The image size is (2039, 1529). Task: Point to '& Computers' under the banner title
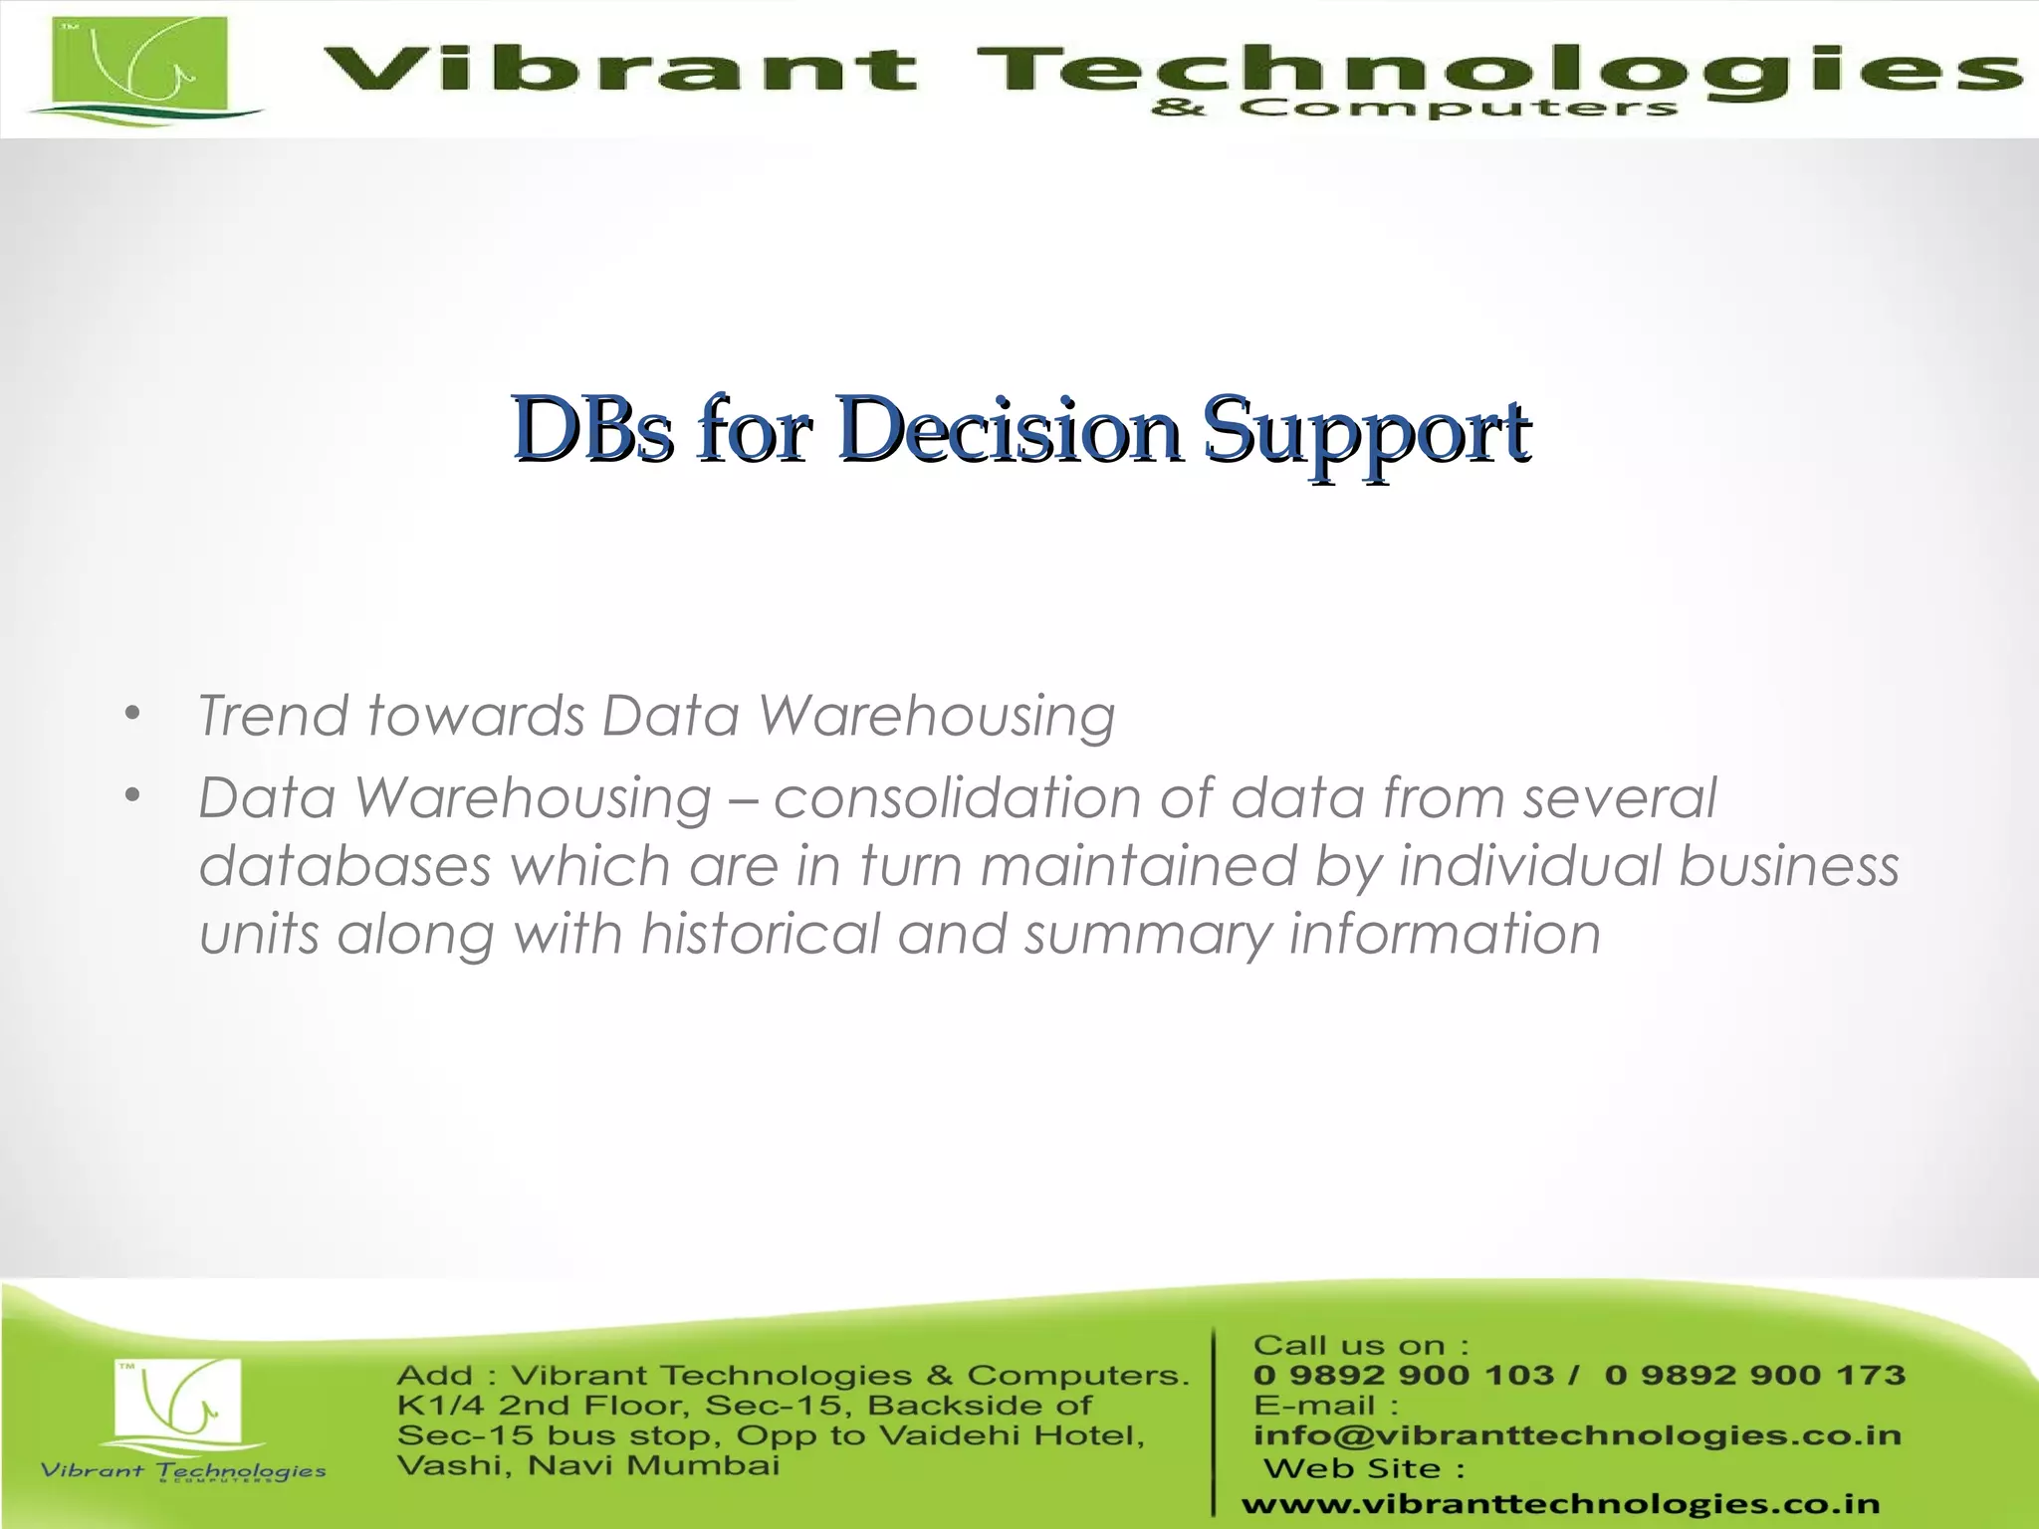(1414, 109)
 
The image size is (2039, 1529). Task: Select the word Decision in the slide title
(1010, 429)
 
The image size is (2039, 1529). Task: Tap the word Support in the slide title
(1366, 431)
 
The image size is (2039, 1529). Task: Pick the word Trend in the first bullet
(274, 716)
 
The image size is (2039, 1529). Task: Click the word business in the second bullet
(1789, 865)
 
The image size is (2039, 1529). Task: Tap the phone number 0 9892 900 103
(1403, 1376)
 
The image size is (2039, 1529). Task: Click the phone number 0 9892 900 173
(1754, 1376)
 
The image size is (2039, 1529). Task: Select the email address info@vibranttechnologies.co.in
(1577, 1435)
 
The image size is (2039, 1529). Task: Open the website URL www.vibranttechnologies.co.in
(1560, 1504)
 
